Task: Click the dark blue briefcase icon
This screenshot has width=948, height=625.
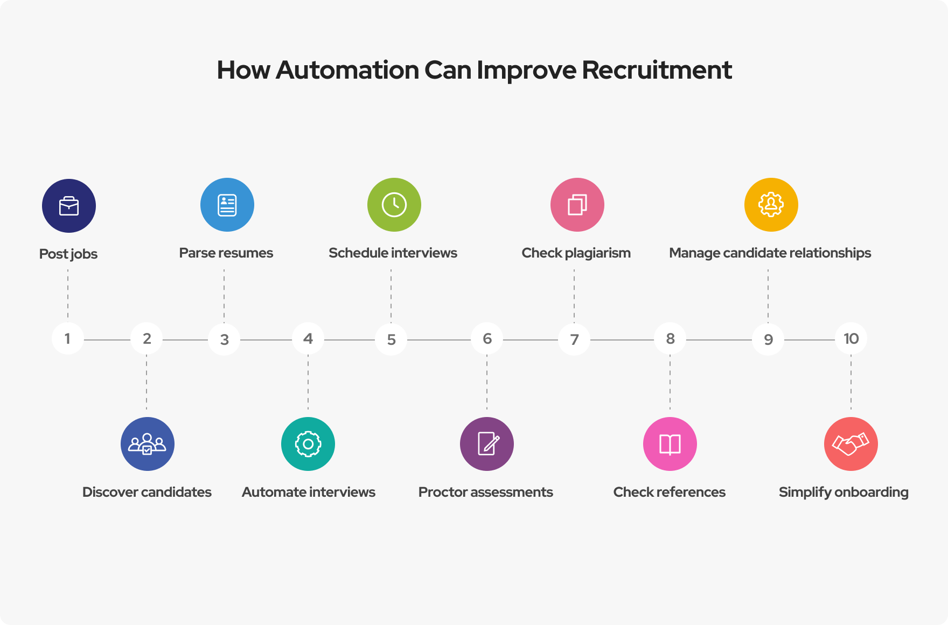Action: [x=69, y=206]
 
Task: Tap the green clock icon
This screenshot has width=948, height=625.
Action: [x=394, y=205]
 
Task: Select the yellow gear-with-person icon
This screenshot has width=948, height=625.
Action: [x=771, y=205]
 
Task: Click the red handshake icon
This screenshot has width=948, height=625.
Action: [x=851, y=444]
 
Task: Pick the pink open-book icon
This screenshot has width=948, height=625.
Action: [x=670, y=444]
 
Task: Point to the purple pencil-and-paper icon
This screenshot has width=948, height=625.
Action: [x=487, y=444]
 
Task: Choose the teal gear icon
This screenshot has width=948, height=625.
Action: [x=308, y=444]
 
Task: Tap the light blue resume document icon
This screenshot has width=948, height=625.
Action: [x=227, y=205]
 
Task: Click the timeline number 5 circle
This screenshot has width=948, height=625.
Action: [x=392, y=339]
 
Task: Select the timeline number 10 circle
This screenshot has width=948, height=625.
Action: [x=851, y=338]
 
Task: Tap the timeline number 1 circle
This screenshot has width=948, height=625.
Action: [x=68, y=338]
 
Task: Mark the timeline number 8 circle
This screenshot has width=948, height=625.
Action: [x=670, y=338]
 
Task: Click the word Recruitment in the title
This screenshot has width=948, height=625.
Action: [x=657, y=70]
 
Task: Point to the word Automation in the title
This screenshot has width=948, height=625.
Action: [x=347, y=70]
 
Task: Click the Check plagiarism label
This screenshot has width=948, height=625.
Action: [x=576, y=253]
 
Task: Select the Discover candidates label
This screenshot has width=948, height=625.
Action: [x=147, y=492]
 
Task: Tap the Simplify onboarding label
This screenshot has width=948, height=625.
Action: [x=843, y=492]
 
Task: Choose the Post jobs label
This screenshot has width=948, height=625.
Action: [x=68, y=254]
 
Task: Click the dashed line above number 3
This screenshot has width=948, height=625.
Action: [x=224, y=296]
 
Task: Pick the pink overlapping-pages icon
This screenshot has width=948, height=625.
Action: [x=577, y=205]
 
